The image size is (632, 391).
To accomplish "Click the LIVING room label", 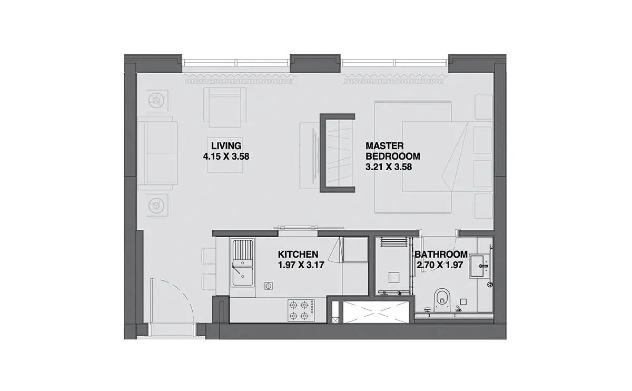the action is coord(226,146).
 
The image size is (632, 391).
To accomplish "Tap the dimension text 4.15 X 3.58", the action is coord(226,157).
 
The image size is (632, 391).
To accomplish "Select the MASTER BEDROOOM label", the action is coord(393,151).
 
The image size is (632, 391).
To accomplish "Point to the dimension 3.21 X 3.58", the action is coord(389,167).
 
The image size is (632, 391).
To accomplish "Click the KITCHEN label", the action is coord(298,255).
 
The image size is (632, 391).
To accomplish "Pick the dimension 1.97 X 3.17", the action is coord(301,265).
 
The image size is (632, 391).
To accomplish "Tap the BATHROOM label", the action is coord(441,255).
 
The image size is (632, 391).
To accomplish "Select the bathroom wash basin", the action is coord(480,266).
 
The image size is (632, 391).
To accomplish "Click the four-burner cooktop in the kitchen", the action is coord(301,310).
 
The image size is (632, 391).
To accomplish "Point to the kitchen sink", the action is coord(242,263).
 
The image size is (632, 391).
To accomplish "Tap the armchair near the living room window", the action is coord(225,107).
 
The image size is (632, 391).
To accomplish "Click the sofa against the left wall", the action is coord(157,153).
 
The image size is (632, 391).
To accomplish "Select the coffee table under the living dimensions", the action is coord(225,155).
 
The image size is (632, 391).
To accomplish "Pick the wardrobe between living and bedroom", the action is coord(338,153).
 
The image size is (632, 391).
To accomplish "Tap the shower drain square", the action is coord(393,278).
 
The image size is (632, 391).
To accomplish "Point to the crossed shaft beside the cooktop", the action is coord(376,312).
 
